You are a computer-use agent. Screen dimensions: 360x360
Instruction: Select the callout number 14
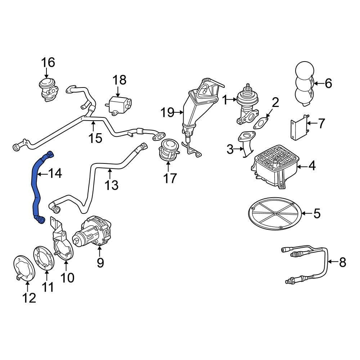pyautogui.click(x=55, y=174)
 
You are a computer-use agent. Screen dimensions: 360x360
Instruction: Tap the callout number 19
pyautogui.click(x=168, y=112)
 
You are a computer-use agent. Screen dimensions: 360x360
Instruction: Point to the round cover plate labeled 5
pyautogui.click(x=275, y=213)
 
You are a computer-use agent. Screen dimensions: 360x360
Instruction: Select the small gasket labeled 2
pyautogui.click(x=261, y=123)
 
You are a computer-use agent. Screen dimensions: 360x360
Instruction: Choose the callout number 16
pyautogui.click(x=48, y=62)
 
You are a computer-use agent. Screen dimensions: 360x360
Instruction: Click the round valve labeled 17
pyautogui.click(x=168, y=149)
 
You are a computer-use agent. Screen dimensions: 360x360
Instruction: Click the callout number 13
pyautogui.click(x=111, y=185)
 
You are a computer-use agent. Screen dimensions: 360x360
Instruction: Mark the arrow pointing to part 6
pyautogui.click(x=318, y=83)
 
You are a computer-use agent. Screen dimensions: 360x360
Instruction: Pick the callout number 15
pyautogui.click(x=95, y=138)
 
